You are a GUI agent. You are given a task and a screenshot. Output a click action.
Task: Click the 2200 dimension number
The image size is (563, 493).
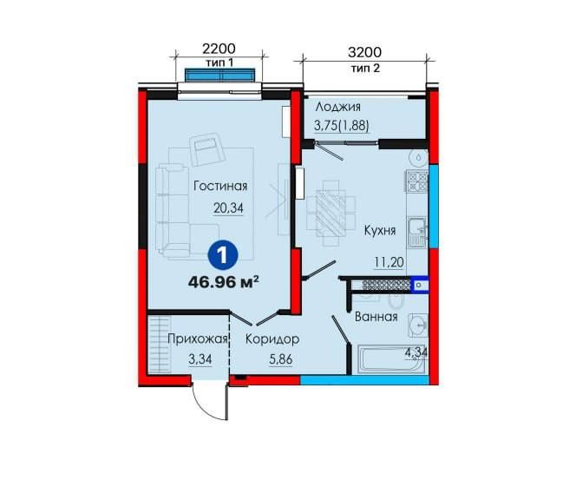219,49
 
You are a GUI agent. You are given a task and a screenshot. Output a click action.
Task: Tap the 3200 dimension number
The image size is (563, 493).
364,53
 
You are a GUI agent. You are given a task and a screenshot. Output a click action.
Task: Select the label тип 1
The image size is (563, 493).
219,62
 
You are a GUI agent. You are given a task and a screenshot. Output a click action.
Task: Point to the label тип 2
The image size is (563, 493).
365,68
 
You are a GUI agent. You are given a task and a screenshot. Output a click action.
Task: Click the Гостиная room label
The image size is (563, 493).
220,186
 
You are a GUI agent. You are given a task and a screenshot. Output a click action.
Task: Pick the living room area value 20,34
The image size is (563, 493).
228,208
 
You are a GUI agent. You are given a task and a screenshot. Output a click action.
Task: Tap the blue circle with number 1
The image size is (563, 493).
223,255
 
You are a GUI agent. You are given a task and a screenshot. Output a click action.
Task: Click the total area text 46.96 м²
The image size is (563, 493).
223,282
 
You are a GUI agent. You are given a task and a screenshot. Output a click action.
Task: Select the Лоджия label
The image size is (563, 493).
337,107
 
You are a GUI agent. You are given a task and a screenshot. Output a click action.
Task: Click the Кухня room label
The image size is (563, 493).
380,230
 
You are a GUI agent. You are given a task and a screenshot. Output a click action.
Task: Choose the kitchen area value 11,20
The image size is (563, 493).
390,262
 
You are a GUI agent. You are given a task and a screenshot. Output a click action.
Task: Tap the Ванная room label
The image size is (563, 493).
376,317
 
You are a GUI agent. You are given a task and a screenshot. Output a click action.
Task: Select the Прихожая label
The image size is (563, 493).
198,339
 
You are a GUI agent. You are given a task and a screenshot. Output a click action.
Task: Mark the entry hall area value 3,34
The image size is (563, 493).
200,359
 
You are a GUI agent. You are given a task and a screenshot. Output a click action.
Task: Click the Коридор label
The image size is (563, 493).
272,339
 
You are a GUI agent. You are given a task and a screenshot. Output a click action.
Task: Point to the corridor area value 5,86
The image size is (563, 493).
281,359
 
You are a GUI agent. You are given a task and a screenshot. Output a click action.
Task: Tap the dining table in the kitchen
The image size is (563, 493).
331,213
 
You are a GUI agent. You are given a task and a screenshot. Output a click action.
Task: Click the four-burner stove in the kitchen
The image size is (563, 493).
417,181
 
